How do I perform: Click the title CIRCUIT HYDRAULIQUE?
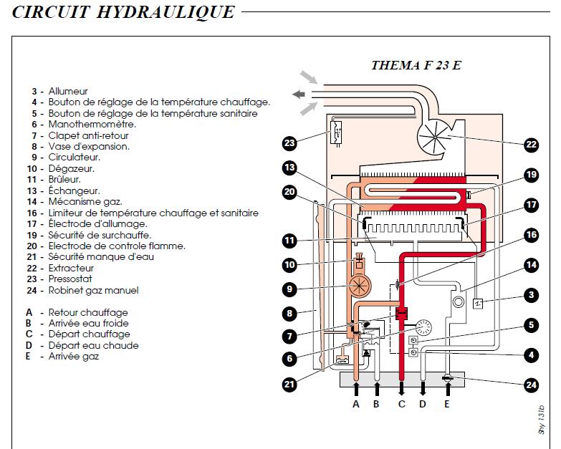click(118, 12)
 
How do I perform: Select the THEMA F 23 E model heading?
click(416, 65)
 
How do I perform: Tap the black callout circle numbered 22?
click(531, 144)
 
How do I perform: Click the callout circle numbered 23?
click(289, 143)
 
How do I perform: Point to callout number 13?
click(289, 168)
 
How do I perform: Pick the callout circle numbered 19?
click(531, 174)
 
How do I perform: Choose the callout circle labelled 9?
click(289, 289)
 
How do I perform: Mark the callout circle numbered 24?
click(531, 385)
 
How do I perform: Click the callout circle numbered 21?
click(289, 385)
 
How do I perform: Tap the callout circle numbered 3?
click(531, 294)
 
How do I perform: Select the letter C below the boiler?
click(401, 404)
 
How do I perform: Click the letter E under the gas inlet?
click(448, 404)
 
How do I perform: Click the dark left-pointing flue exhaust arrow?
click(299, 94)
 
